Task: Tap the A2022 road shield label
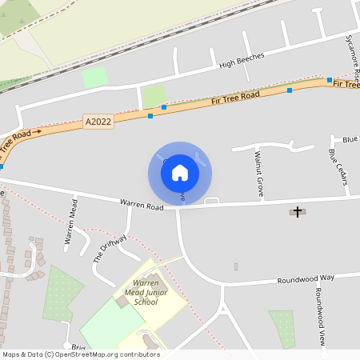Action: [98, 122]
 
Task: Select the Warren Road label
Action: [142, 206]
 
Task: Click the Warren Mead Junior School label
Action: [146, 293]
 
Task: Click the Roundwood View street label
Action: [319, 317]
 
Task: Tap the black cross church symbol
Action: [298, 212]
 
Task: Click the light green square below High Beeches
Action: [154, 95]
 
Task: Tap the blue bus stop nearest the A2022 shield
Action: [150, 116]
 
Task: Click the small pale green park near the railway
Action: [94, 78]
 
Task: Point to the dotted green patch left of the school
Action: [62, 293]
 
